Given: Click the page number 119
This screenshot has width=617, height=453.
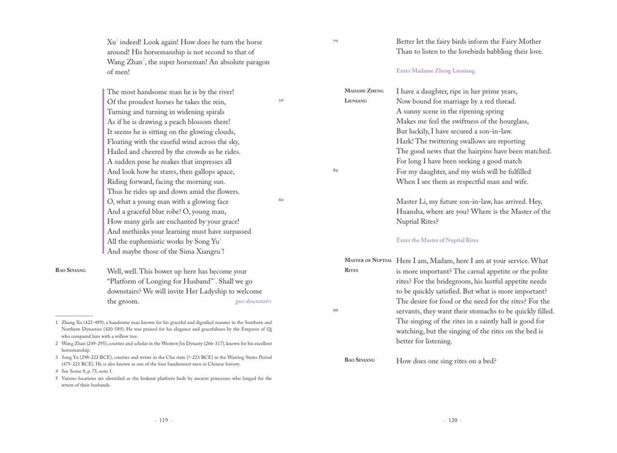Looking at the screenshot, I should (163, 420).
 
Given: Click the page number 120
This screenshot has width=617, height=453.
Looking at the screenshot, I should (453, 420).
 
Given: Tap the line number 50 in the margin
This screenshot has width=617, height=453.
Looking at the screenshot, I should (281, 101).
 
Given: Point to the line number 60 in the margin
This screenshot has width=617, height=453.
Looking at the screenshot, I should (281, 200).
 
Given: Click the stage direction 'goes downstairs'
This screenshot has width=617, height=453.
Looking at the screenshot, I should (253, 302).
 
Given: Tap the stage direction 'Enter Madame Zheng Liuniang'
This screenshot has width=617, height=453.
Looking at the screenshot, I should (435, 71).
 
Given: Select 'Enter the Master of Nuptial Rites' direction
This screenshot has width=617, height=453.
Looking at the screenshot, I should (437, 240).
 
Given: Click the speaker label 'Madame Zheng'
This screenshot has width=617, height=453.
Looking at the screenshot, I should (364, 91).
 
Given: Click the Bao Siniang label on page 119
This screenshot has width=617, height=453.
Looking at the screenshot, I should (70, 271).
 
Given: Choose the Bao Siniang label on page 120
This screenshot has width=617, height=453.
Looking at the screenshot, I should (360, 360).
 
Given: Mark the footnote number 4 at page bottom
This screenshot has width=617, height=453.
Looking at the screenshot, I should (56, 372).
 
